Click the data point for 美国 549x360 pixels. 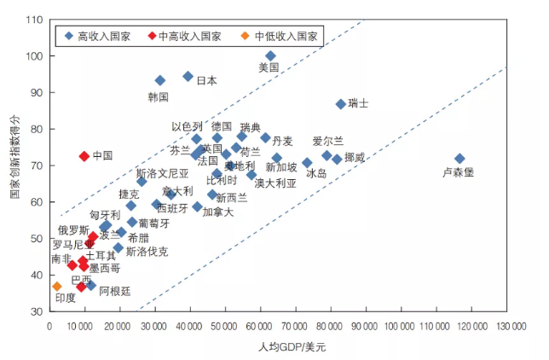point(270,55)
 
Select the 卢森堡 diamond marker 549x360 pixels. point(459,159)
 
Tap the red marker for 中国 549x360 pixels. point(84,156)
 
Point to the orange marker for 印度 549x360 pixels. point(57,286)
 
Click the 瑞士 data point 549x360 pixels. point(340,104)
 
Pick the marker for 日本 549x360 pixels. point(188,76)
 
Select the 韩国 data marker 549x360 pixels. point(159,80)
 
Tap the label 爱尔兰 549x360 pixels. point(328,141)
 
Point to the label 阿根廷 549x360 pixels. point(116,291)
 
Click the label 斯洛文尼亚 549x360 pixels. point(162,172)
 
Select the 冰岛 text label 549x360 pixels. point(315,173)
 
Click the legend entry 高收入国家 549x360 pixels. point(101,37)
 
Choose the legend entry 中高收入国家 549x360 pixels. point(189,37)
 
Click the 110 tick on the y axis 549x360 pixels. point(35,20)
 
